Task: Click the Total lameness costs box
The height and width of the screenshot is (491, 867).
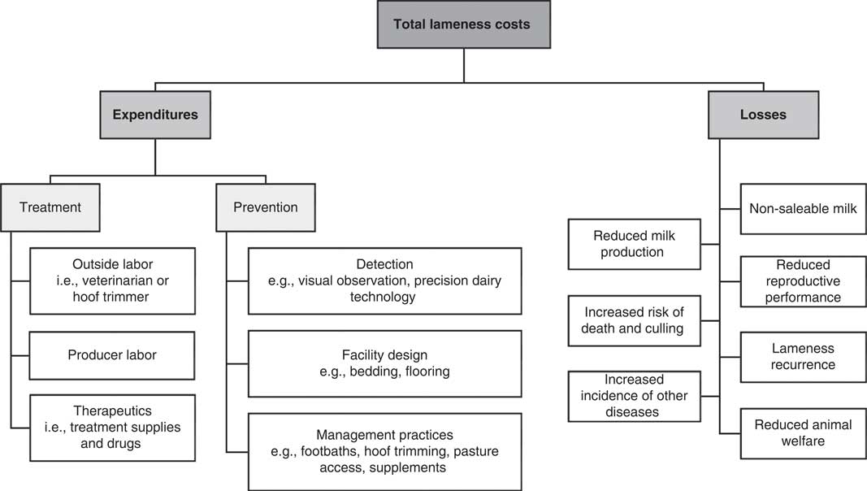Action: (462, 24)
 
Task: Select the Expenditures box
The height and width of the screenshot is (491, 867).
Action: (154, 115)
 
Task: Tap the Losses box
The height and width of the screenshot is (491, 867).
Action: (762, 115)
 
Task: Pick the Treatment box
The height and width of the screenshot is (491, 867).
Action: (50, 207)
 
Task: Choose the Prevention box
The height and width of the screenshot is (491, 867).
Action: (265, 207)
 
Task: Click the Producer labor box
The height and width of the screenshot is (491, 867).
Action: (112, 354)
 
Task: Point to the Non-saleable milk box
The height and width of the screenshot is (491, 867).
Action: (803, 209)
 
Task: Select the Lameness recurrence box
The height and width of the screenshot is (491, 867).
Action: (803, 356)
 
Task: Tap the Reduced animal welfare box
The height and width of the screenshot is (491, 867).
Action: (803, 432)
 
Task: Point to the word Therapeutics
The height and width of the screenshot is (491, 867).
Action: (112, 411)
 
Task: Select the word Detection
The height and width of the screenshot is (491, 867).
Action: (384, 264)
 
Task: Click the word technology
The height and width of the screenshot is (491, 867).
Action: (384, 297)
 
